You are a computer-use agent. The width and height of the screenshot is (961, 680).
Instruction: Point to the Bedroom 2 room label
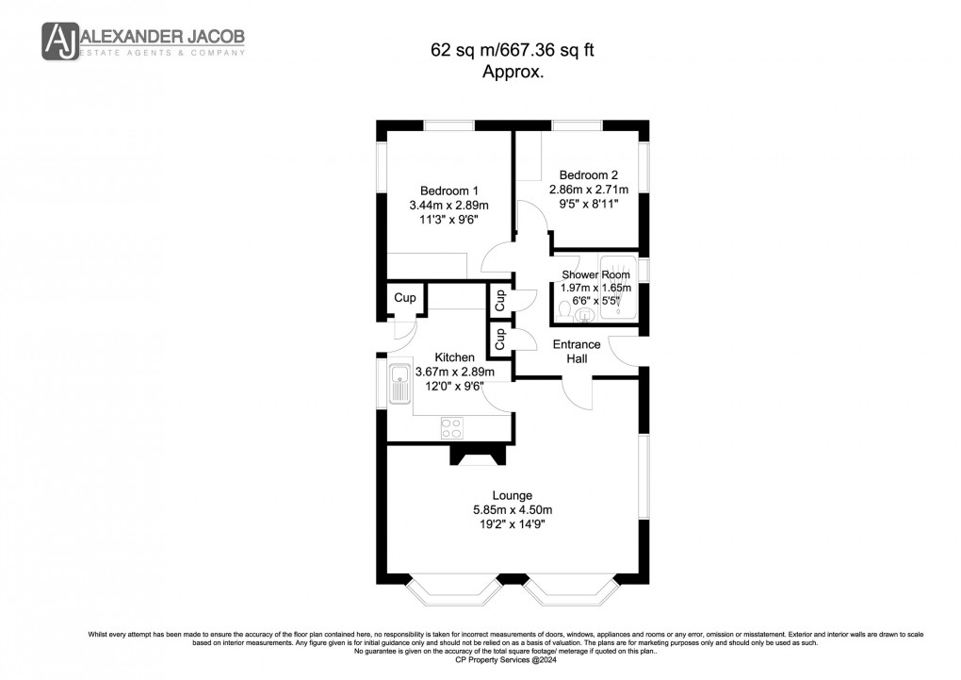pos(588,174)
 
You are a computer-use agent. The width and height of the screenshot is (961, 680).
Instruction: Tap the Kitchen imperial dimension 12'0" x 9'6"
pos(454,386)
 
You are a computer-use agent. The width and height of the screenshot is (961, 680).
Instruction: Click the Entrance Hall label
pos(576,352)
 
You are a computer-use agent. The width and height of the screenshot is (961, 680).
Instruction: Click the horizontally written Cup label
pos(404,298)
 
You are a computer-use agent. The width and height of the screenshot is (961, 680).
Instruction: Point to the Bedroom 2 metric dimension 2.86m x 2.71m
pos(588,190)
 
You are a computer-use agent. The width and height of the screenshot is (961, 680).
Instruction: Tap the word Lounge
pos(512,495)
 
